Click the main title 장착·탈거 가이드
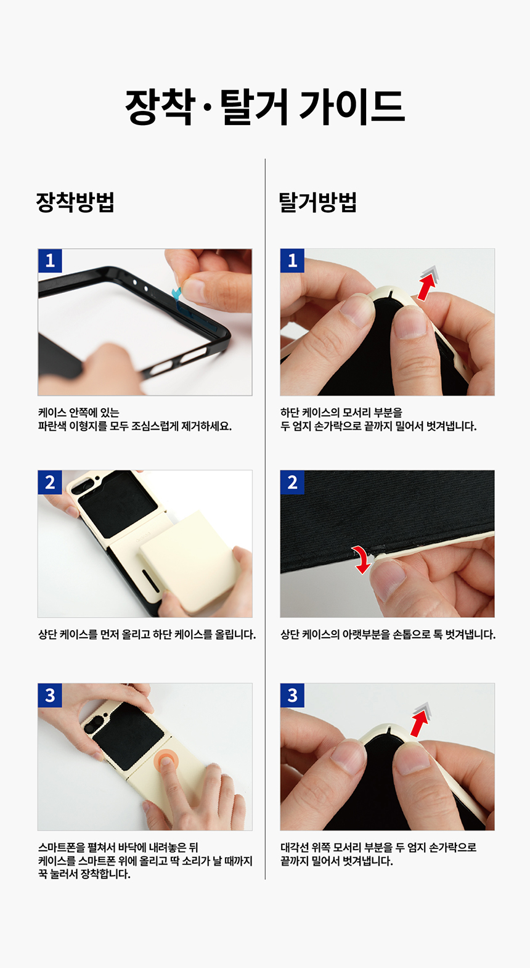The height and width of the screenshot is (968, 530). click(265, 107)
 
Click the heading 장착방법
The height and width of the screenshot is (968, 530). click(75, 202)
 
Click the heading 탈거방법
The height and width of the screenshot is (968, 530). click(318, 202)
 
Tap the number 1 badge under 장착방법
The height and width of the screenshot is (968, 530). click(50, 261)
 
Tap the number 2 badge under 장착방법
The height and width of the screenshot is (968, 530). click(50, 482)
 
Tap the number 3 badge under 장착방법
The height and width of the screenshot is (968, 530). click(50, 695)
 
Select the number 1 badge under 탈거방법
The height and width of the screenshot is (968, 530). click(292, 261)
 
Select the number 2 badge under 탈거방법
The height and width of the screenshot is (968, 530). click(292, 482)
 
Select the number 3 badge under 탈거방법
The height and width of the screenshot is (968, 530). click(292, 695)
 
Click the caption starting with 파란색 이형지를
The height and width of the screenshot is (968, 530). click(135, 427)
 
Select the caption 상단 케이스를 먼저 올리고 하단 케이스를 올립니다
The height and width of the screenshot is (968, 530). click(147, 634)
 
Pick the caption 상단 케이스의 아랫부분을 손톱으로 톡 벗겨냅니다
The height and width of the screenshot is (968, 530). click(388, 634)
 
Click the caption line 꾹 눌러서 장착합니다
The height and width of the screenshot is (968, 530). click(84, 874)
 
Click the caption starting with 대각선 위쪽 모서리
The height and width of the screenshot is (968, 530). click(378, 847)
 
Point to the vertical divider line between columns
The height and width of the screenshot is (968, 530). click(265, 519)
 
